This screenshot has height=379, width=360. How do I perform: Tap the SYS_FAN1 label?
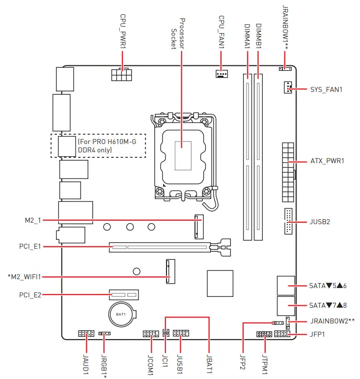pos(326,90)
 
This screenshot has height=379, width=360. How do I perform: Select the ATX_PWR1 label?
pos(328,161)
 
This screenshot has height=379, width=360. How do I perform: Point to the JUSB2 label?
pos(320,222)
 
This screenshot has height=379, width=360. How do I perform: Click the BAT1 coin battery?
pos(121,314)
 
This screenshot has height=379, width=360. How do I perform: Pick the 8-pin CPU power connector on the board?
pos(121,75)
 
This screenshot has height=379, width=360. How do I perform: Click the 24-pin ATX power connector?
pos(288,172)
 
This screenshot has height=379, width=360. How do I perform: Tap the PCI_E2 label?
pos(30,295)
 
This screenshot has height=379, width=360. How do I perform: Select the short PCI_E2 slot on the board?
pos(124,295)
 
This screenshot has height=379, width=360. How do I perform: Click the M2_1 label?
pos(31,221)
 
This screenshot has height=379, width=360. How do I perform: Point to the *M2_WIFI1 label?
pos(24,277)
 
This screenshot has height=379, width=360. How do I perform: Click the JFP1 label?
pos(318,334)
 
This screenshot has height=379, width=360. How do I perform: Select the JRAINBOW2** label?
pos(332,321)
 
